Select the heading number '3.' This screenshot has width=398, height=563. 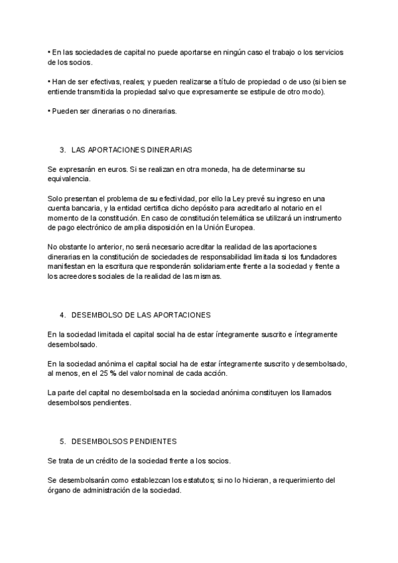click(x=63, y=150)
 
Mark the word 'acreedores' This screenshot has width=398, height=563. click(x=76, y=277)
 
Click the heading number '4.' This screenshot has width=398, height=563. click(x=63, y=314)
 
